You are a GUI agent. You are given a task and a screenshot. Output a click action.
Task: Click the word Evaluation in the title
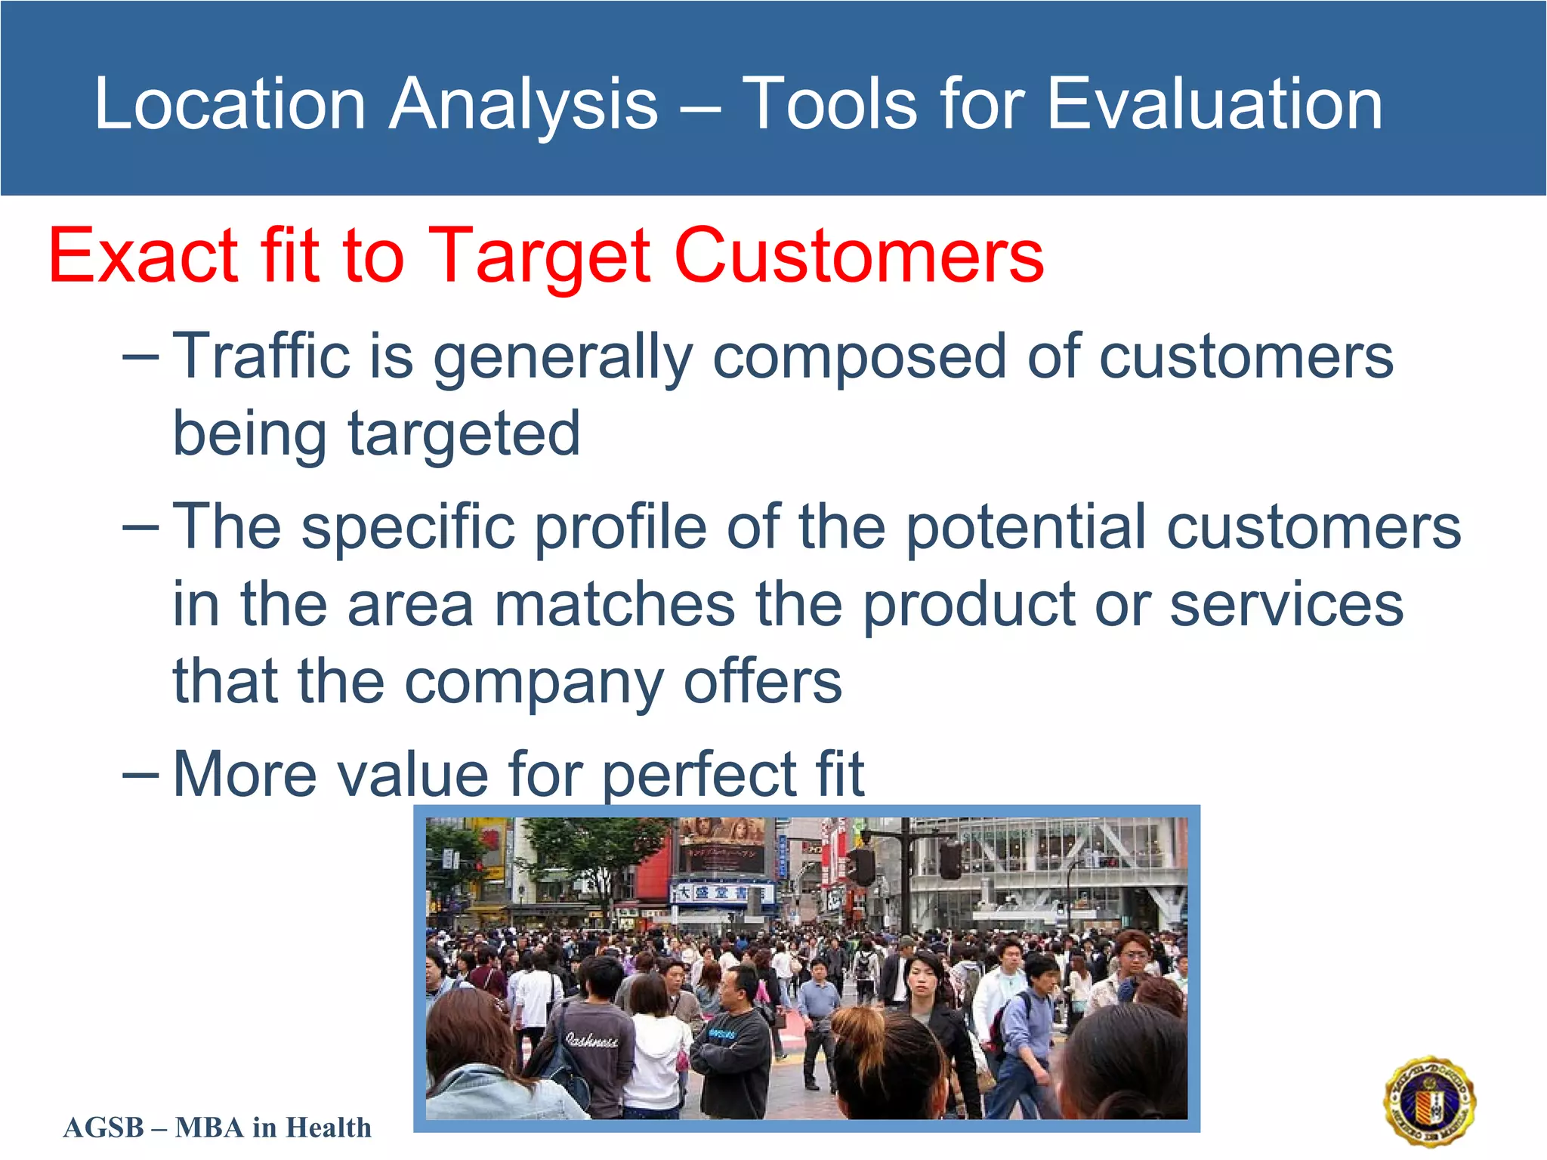coord(1214,103)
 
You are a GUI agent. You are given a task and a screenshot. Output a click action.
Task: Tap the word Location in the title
coord(230,103)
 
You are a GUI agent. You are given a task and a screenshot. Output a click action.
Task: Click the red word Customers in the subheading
coord(859,256)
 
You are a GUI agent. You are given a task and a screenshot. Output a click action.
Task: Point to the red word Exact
coord(144,256)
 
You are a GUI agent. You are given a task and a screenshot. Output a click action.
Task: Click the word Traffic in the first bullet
coord(261,356)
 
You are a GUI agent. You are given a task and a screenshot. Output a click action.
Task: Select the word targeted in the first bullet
coord(463,434)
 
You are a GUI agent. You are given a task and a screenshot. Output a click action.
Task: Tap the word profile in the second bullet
coord(620,526)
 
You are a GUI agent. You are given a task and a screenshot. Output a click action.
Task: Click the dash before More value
coord(140,775)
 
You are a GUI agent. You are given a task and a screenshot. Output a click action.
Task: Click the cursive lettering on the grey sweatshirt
coord(591,1041)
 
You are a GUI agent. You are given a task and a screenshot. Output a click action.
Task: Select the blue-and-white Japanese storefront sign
coord(722,893)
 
